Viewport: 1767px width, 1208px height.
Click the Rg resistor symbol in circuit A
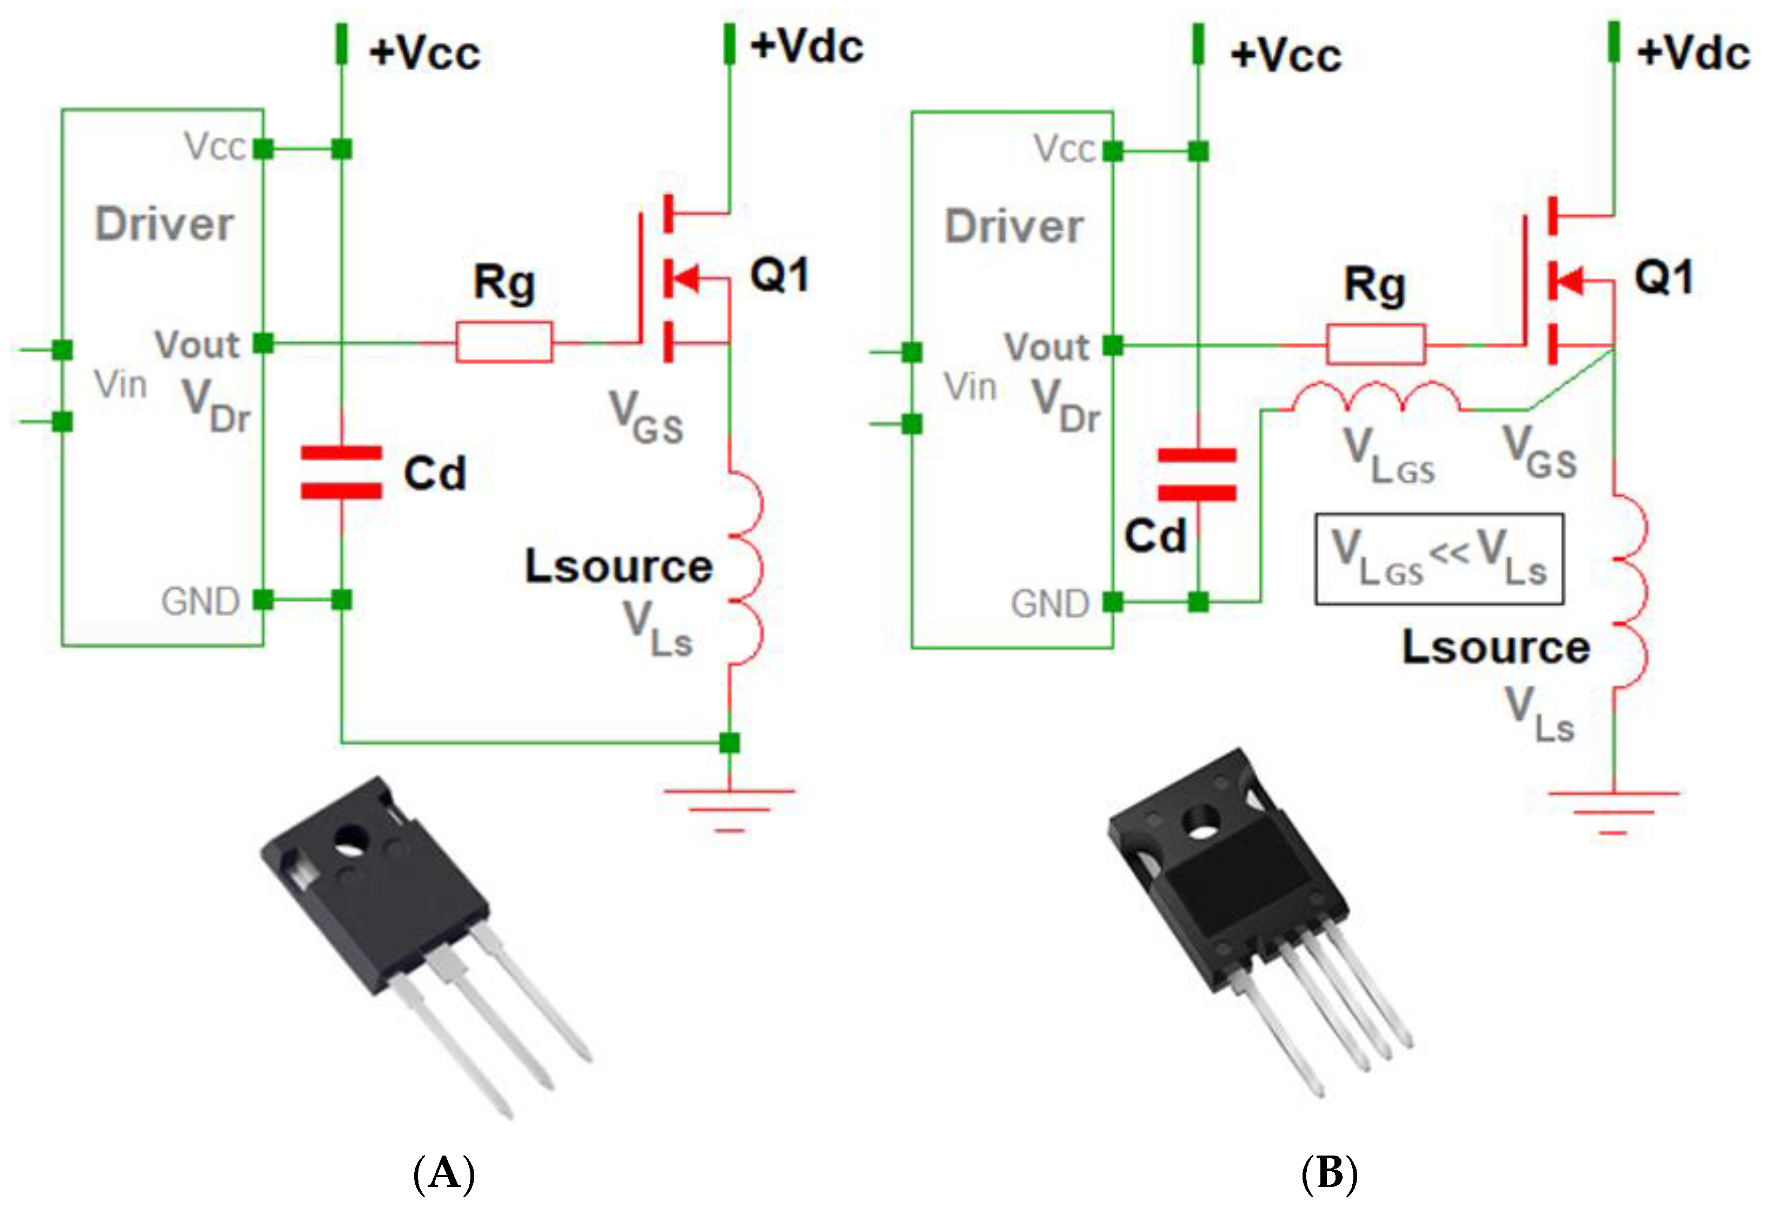coord(503,342)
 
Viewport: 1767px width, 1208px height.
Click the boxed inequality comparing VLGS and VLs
coord(1439,559)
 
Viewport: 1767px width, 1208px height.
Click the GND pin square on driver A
coord(263,600)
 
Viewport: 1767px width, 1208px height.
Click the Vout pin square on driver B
coord(1112,346)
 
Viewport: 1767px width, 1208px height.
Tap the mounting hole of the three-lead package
coord(350,839)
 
